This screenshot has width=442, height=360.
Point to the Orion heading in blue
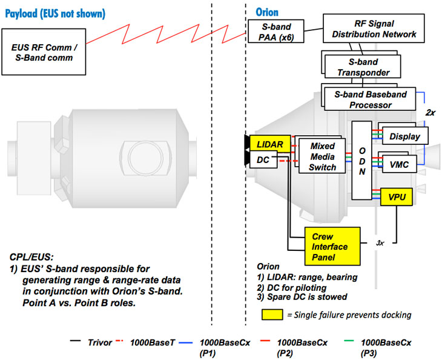point(268,13)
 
